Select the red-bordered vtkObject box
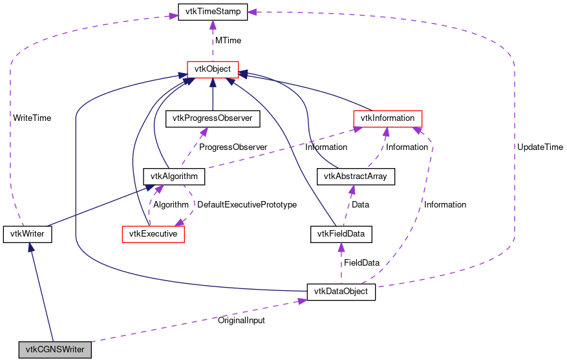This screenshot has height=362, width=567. coord(213,69)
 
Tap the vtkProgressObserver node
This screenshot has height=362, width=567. coord(213,118)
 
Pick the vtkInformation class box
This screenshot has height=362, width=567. coord(387,118)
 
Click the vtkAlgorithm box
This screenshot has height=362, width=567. coord(173,176)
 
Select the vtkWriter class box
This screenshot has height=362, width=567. coord(27,233)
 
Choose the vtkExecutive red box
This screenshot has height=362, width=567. coord(153,233)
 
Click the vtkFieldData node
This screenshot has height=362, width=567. coord(341,233)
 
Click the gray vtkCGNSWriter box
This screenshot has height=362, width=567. coord(55,350)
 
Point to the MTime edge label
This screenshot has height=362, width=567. coord(228,40)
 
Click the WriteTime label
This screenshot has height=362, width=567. coord(32,118)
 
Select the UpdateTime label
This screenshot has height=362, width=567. coord(540,147)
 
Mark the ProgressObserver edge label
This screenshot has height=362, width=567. coord(233,147)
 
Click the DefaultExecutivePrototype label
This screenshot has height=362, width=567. coord(246,205)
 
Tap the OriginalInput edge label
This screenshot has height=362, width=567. coord(241,320)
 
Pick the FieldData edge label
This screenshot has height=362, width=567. coord(361,263)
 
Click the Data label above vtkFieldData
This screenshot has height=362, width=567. coord(360,205)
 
